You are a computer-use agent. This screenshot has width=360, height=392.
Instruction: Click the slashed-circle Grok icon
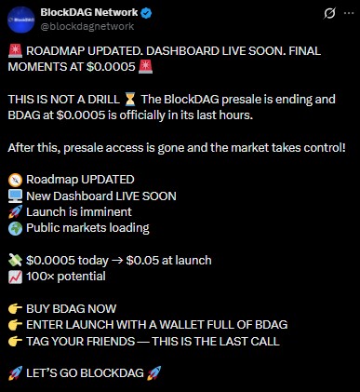click(x=316, y=14)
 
